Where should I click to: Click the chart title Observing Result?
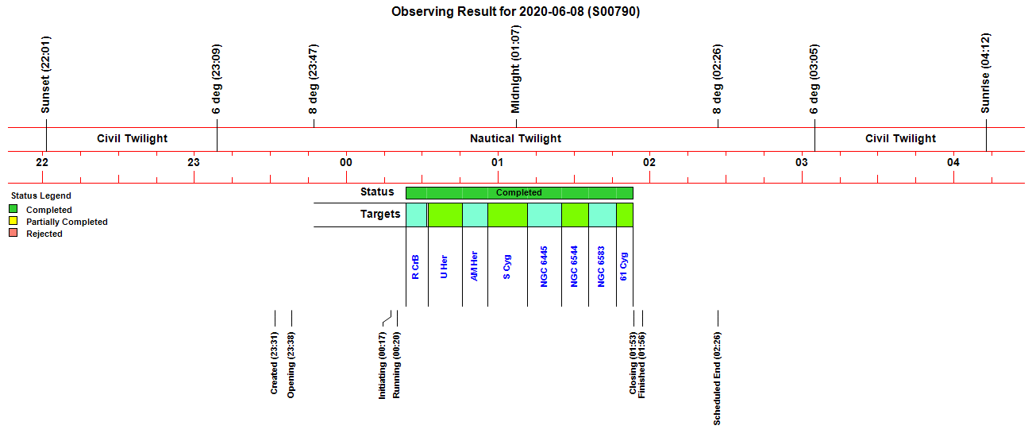click(515, 12)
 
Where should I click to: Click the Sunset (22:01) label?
click(45, 75)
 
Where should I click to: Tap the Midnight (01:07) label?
click(515, 69)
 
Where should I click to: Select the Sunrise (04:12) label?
click(985, 73)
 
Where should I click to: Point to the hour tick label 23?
click(194, 162)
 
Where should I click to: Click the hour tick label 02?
click(649, 162)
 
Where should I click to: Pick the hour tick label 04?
click(953, 162)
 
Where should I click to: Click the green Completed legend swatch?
click(13, 209)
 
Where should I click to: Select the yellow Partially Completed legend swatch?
click(13, 221)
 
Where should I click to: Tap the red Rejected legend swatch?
click(13, 233)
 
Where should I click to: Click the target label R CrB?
click(415, 267)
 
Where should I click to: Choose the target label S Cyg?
click(506, 267)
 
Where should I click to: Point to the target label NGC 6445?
click(544, 266)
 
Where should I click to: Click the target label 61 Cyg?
click(623, 266)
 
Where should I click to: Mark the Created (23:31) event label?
click(274, 363)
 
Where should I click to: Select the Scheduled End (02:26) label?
click(717, 378)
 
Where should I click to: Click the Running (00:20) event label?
click(396, 366)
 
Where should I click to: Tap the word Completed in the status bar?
click(518, 193)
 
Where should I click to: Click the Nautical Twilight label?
click(515, 138)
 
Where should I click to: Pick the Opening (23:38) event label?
click(291, 366)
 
